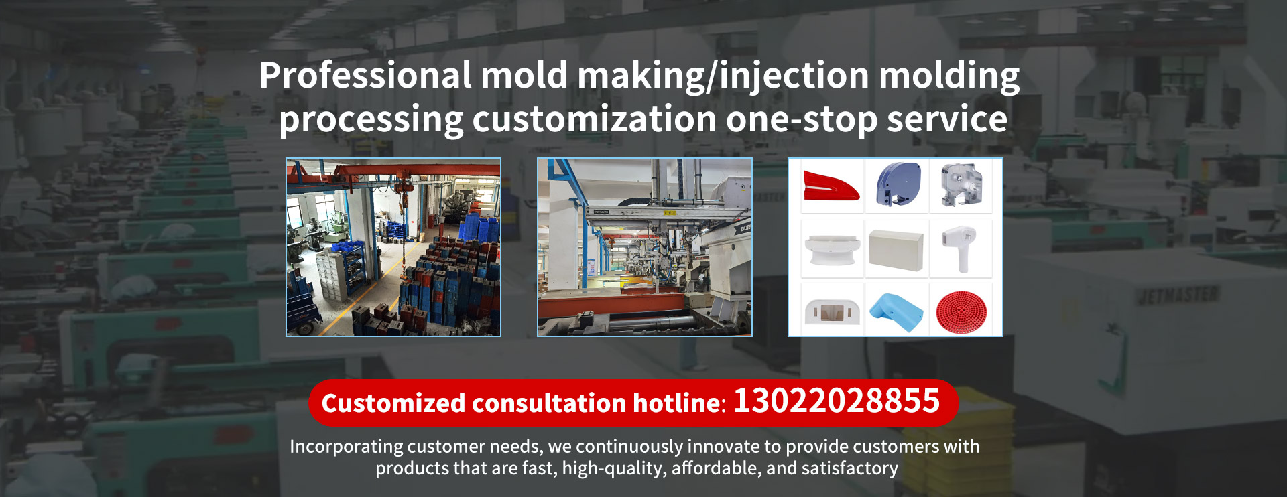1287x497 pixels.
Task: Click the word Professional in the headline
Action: [365, 75]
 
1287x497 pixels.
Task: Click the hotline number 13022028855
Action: [837, 401]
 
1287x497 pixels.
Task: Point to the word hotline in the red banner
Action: [677, 403]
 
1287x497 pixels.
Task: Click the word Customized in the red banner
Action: [393, 403]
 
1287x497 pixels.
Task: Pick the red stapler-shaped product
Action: [831, 186]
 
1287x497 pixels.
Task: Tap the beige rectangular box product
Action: [896, 248]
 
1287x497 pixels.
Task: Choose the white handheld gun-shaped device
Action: [960, 248]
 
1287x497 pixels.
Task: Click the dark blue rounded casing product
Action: [898, 184]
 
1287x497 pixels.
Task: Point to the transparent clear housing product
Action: [961, 185]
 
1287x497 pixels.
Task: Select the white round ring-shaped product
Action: [832, 250]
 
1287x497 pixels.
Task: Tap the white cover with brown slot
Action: [832, 311]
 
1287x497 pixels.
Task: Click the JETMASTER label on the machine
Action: [1178, 295]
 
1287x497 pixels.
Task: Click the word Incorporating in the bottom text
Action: [347, 447]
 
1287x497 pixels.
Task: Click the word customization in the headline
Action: [595, 120]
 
